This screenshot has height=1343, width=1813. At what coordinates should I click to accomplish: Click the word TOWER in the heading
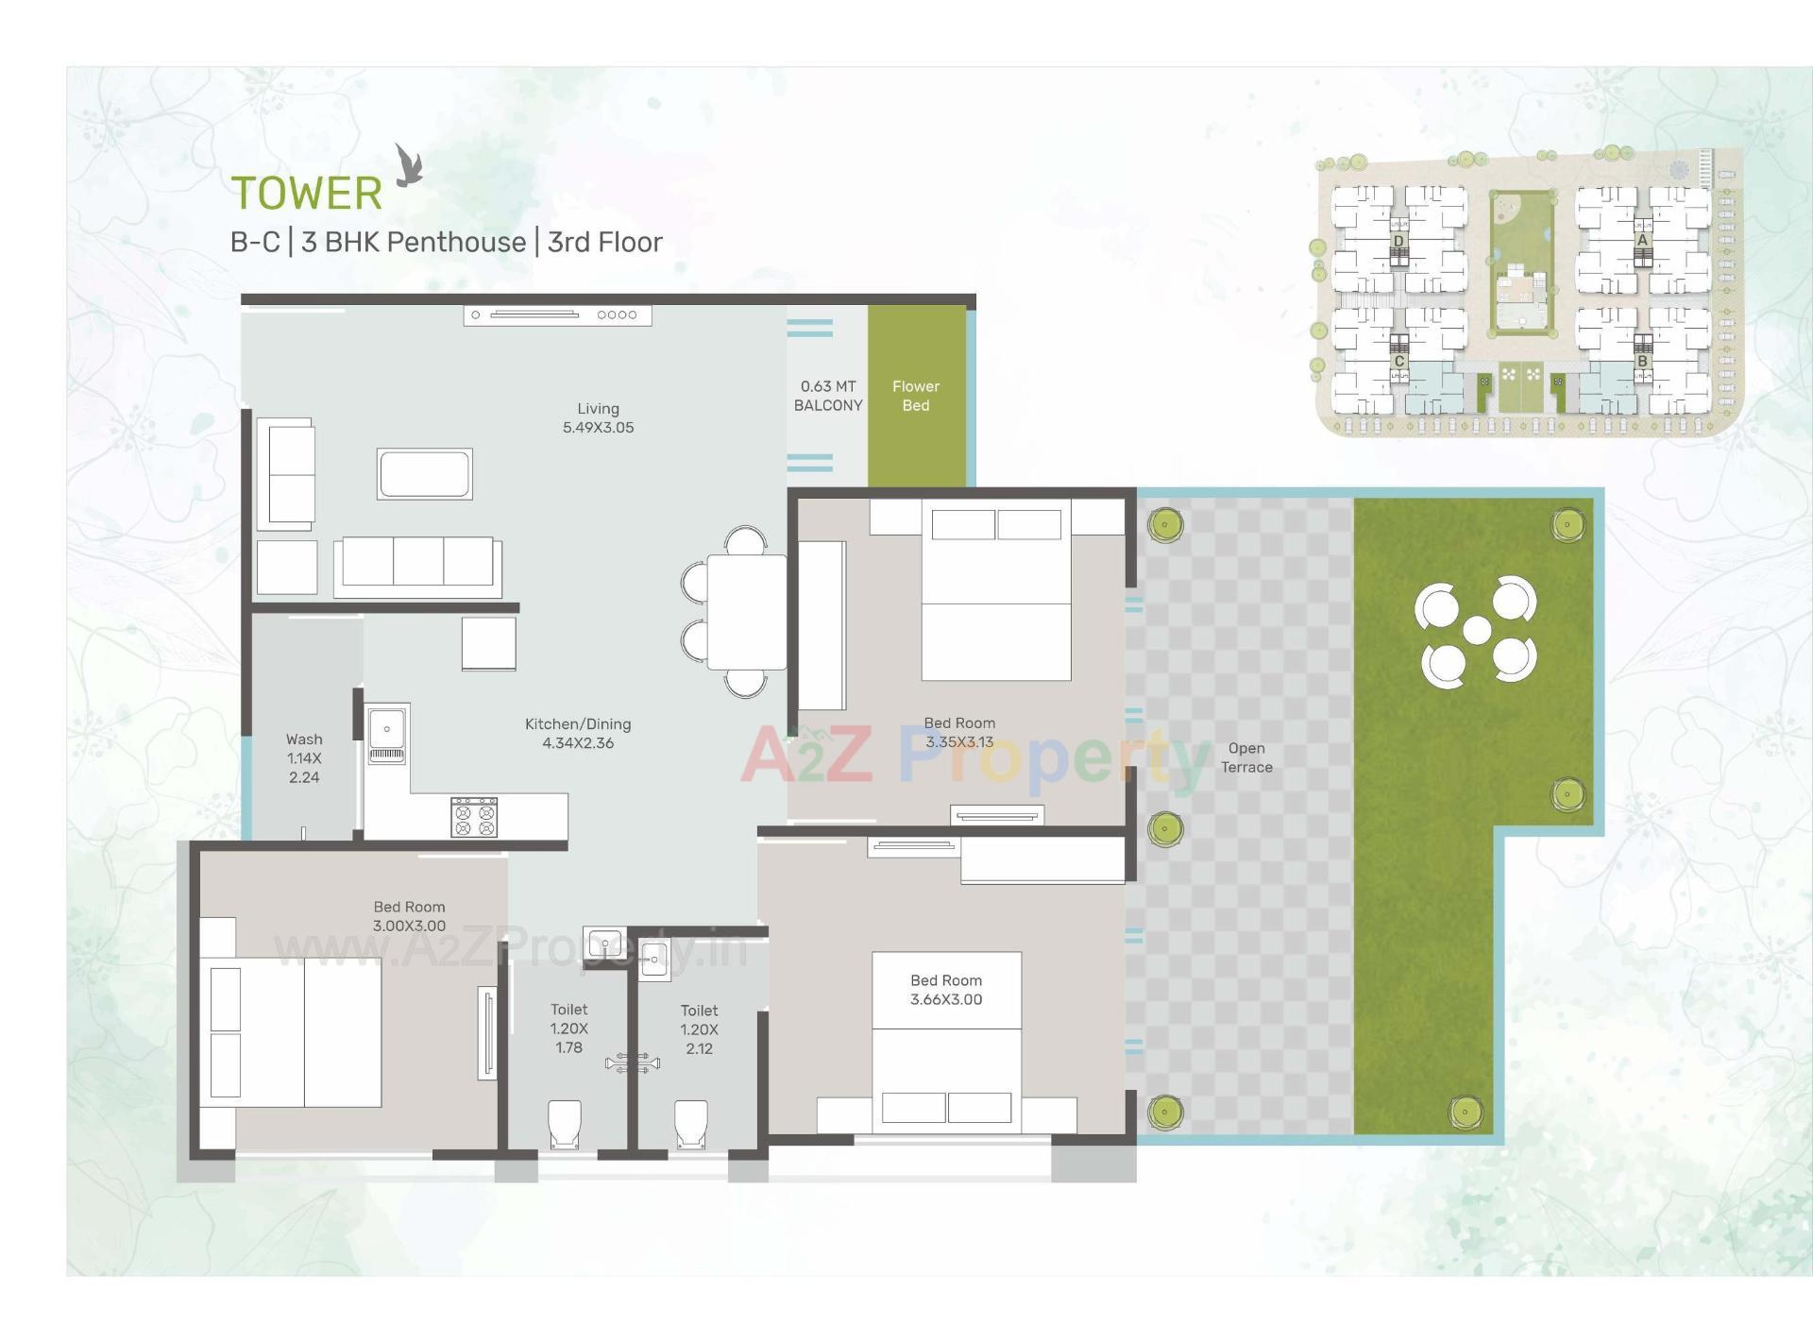click(x=307, y=194)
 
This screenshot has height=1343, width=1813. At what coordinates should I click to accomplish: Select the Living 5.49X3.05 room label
click(x=598, y=417)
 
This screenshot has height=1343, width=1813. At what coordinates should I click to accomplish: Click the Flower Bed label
click(x=915, y=396)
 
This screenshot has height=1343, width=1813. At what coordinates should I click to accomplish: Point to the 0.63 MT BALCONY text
click(x=827, y=396)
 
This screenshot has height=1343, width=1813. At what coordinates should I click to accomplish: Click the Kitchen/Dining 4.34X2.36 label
click(x=578, y=733)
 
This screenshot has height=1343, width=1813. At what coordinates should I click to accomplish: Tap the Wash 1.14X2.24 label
click(x=304, y=758)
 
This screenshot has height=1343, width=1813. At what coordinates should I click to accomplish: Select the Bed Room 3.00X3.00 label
click(x=409, y=916)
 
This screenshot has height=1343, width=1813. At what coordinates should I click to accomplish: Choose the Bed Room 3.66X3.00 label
click(x=946, y=990)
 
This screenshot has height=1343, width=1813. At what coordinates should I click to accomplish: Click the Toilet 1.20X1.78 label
click(x=568, y=1028)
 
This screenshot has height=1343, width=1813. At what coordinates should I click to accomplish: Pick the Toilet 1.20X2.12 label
click(x=699, y=1029)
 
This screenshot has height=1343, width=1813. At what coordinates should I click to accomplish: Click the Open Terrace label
click(x=1246, y=757)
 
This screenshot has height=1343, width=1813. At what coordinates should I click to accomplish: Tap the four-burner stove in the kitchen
click(x=474, y=817)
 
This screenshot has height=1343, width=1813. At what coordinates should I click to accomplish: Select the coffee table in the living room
click(x=424, y=473)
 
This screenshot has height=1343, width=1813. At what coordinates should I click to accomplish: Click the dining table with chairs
click(x=746, y=611)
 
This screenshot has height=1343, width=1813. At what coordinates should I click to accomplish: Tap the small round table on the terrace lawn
click(x=1477, y=630)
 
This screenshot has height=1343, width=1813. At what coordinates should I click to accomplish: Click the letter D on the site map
click(x=1398, y=241)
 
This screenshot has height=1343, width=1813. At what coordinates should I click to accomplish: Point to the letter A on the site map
click(x=1642, y=240)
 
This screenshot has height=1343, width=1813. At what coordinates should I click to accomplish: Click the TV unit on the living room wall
click(x=557, y=314)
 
